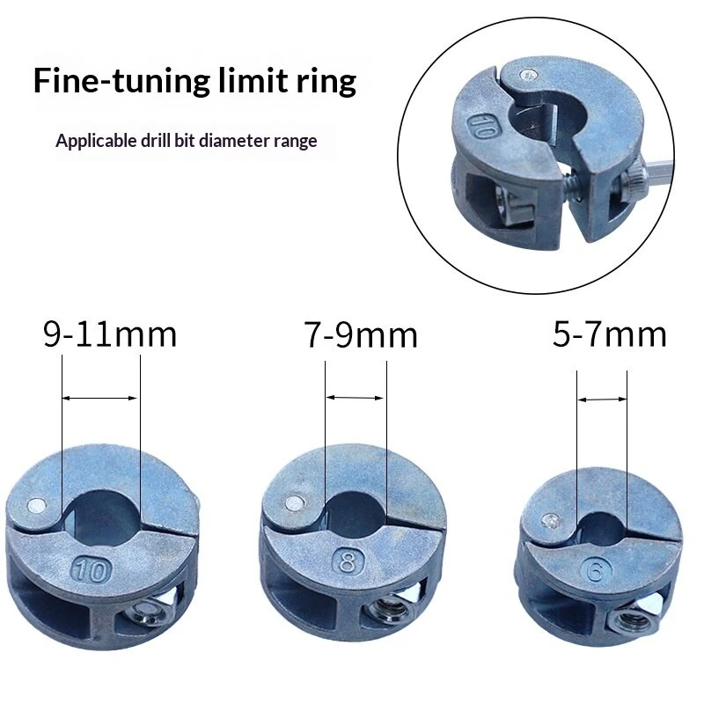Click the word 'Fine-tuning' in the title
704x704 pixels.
pyautogui.click(x=121, y=81)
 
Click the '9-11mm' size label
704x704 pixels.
pyautogui.click(x=110, y=334)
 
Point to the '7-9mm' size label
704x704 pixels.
pyautogui.click(x=361, y=334)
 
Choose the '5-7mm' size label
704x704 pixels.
pyautogui.click(x=609, y=334)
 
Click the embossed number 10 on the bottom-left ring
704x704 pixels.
pyautogui.click(x=92, y=569)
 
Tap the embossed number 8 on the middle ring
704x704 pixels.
pyautogui.click(x=347, y=561)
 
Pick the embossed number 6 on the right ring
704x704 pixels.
pyautogui.click(x=596, y=570)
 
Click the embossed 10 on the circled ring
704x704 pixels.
pyautogui.click(x=482, y=127)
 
